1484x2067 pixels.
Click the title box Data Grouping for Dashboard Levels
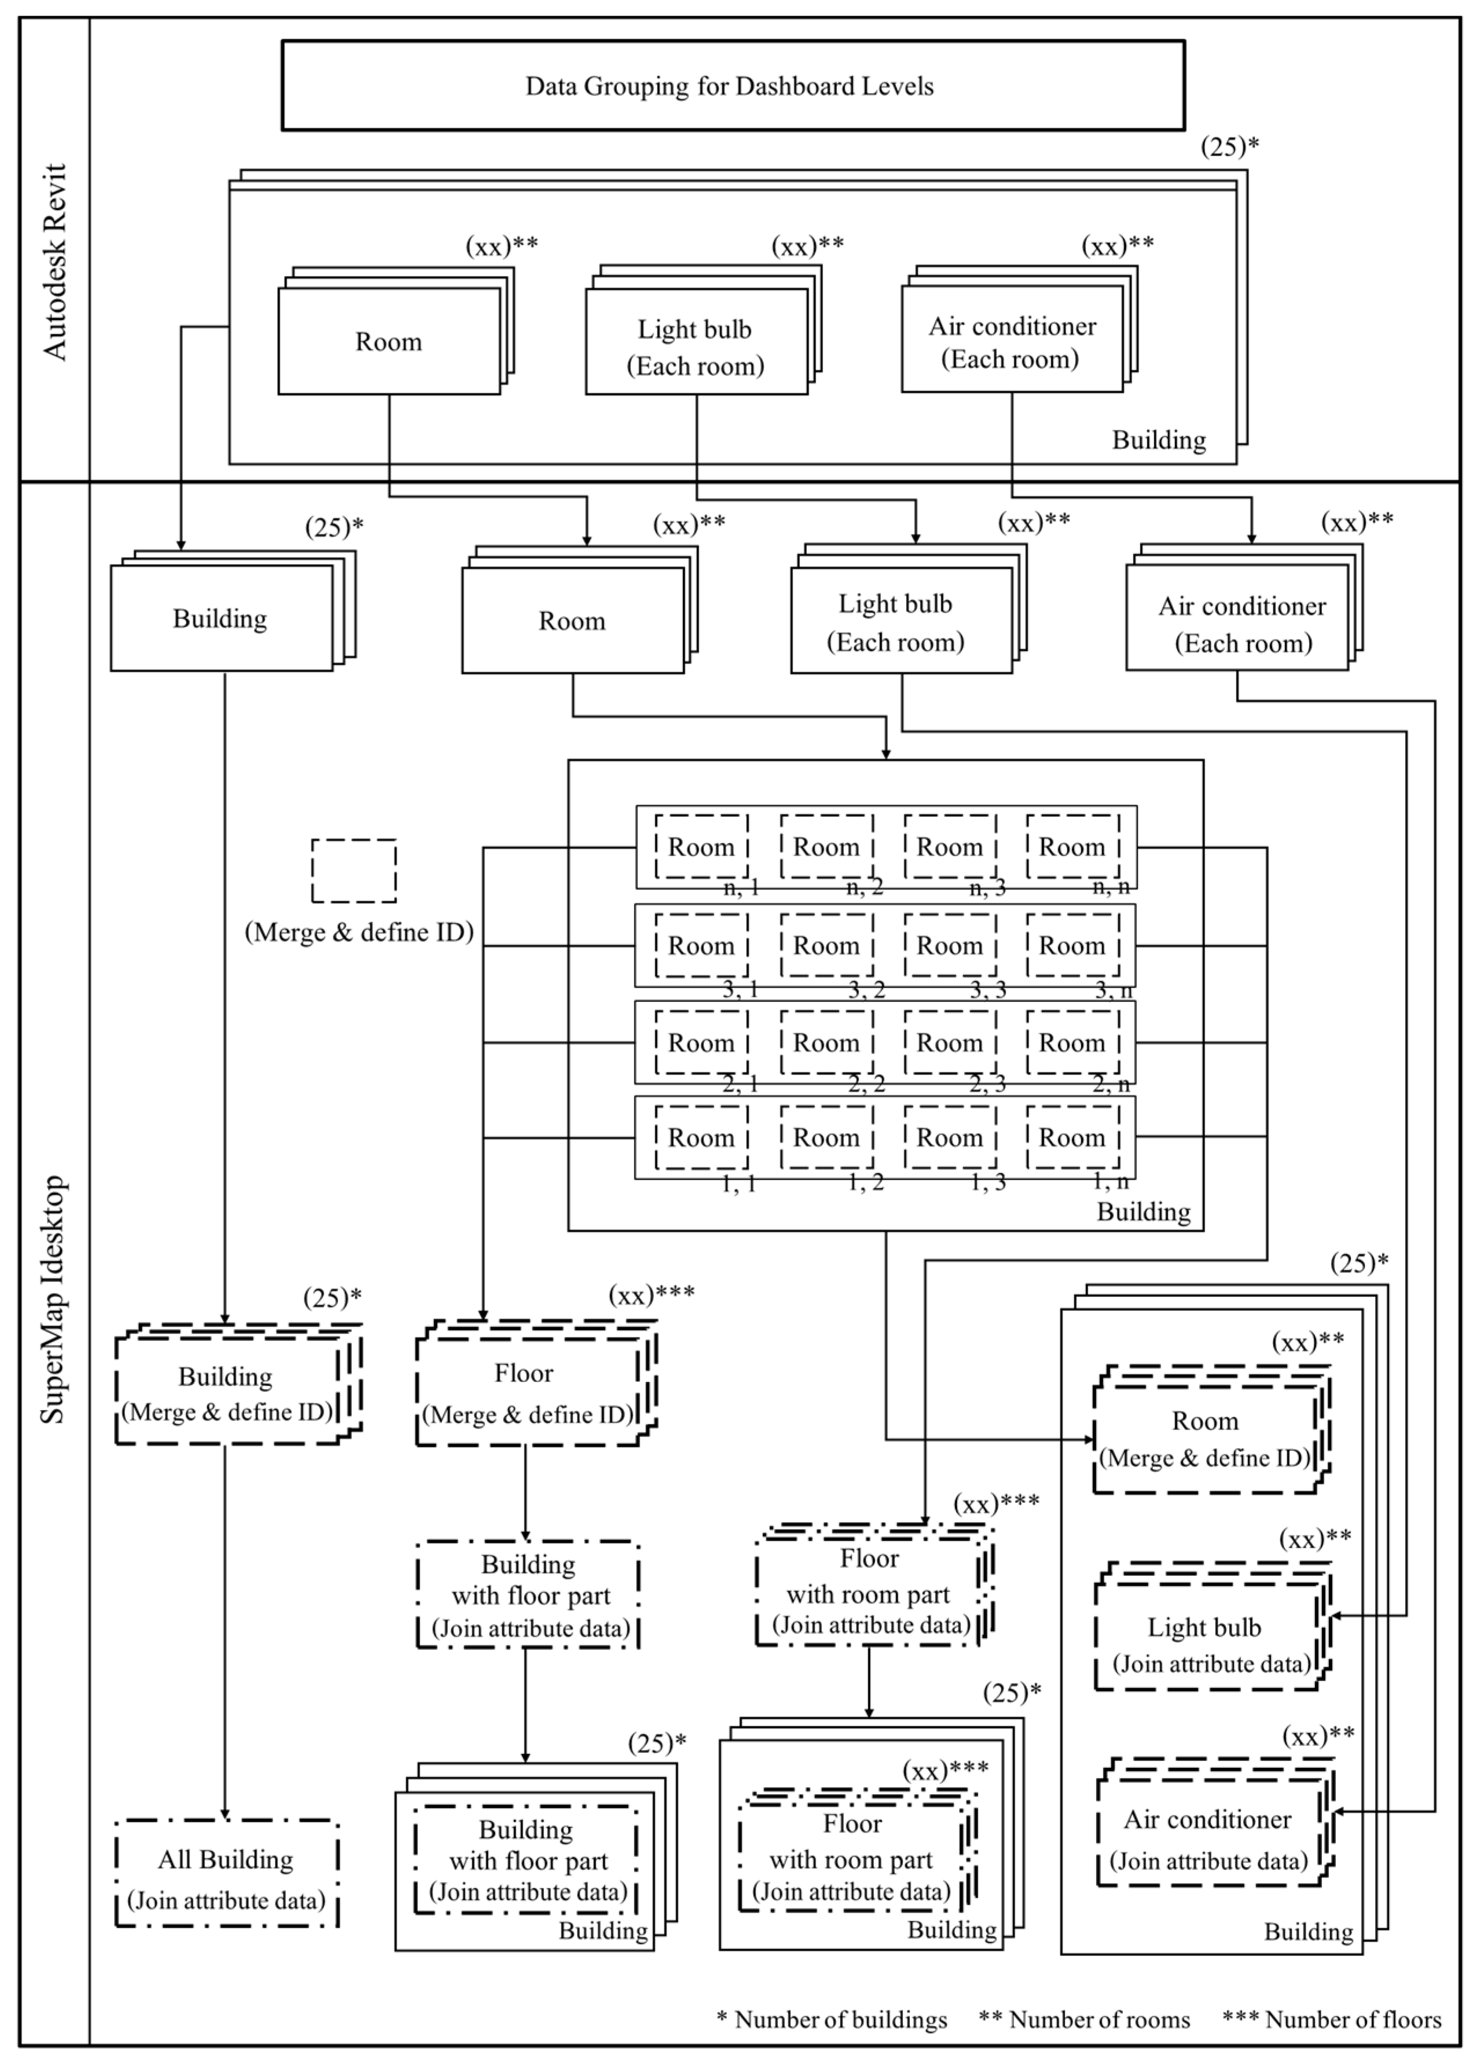[x=732, y=86]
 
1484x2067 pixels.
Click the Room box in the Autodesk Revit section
[x=389, y=342]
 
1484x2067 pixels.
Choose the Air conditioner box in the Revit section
[x=1012, y=342]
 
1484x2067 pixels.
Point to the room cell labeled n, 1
[x=701, y=848]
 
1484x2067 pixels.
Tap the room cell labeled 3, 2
[x=826, y=946]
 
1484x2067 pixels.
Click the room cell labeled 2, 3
[x=949, y=1042]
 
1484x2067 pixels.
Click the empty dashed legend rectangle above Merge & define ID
[x=354, y=871]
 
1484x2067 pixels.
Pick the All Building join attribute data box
[x=226, y=1875]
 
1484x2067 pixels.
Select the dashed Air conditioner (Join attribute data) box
[x=1208, y=1838]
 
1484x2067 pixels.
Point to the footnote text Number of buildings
[x=840, y=2020]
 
